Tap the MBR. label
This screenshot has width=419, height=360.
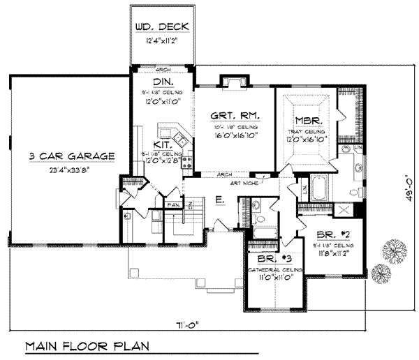tap(307, 119)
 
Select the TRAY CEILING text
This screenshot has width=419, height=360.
tap(307, 131)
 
